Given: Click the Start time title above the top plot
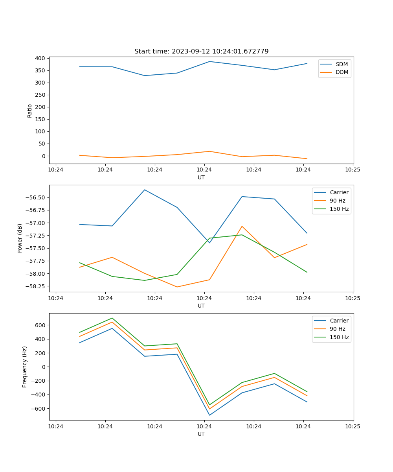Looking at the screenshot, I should tap(201, 52).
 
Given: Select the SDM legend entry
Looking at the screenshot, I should tap(342, 64).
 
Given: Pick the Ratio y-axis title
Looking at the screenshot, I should tap(30, 111).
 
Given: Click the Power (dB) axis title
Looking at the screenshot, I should tap(20, 238).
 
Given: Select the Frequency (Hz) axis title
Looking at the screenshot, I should tap(25, 367).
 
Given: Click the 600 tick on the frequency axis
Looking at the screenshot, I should tap(40, 325).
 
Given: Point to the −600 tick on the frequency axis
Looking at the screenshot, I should tap(39, 409).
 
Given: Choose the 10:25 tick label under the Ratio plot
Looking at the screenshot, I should tap(353, 170).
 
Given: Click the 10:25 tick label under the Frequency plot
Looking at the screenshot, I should tap(353, 426).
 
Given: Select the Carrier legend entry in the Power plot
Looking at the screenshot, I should tap(339, 192).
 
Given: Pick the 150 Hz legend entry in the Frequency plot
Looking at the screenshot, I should tap(339, 337).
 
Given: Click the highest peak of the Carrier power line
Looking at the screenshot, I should tap(145, 190).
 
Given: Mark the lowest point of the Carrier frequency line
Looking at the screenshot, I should tap(209, 415).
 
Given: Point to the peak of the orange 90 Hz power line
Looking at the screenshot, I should tap(242, 226).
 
